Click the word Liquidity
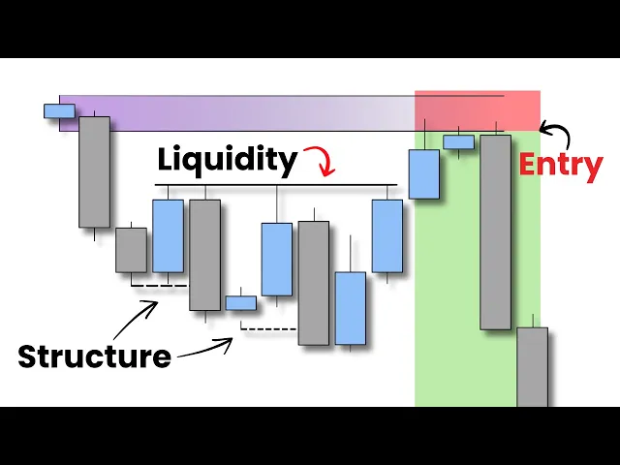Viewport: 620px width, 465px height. coord(228,160)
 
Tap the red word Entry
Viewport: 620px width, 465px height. coord(560,164)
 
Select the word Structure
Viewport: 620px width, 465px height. coord(94,356)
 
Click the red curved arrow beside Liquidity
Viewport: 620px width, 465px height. coord(321,159)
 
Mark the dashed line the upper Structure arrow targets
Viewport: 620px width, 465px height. coord(158,286)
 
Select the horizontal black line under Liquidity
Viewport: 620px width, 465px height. coord(276,184)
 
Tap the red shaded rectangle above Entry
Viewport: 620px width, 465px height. coord(477,110)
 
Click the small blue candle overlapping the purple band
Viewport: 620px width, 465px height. coord(59,110)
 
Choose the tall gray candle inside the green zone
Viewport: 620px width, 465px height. coord(495,232)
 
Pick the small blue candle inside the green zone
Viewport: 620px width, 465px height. coord(458,142)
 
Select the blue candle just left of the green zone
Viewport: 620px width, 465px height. coord(423,174)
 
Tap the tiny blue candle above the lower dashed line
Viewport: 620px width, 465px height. coord(241,303)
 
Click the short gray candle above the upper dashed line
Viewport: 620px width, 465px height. coord(132,250)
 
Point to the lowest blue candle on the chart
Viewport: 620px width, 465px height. coord(351,308)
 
